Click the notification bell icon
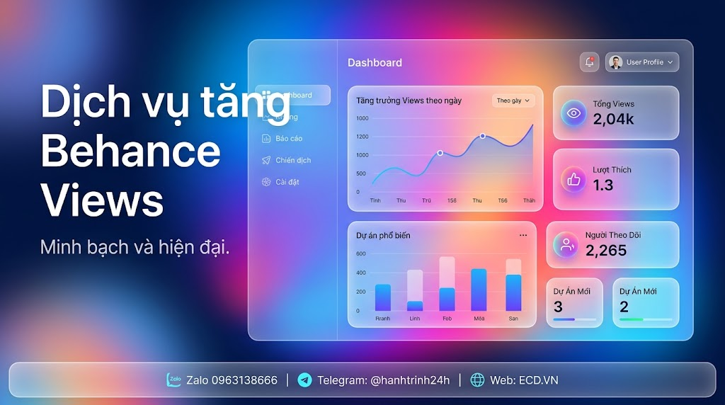coord(589,62)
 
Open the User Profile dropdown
coord(642,62)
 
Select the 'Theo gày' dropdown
coord(513,101)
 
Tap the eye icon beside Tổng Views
coord(573,113)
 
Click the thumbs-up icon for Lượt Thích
coord(573,180)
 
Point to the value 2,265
coord(606,250)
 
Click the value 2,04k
coord(613,119)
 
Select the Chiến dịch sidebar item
coord(292,161)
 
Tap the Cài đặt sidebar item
coord(287,182)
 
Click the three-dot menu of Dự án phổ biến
coord(523,235)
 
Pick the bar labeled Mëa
coord(479,290)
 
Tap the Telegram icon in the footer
coord(304,380)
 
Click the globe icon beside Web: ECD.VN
coord(478,380)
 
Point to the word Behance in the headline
coord(130,151)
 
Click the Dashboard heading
coord(375,63)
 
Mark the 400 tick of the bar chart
coord(361,273)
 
